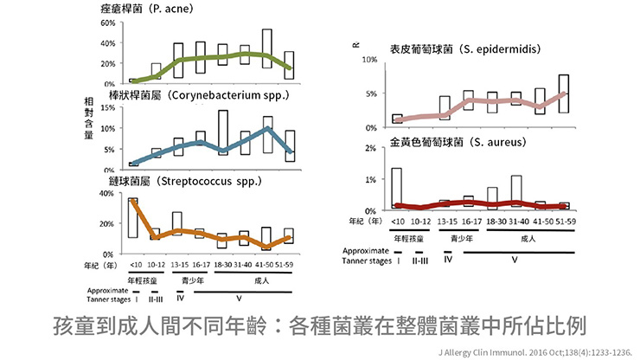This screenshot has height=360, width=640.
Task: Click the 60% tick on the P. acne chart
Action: [x=108, y=22]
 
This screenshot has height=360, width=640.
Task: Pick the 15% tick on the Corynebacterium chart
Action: [x=108, y=108]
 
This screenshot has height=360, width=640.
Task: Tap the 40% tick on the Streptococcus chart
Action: [x=108, y=194]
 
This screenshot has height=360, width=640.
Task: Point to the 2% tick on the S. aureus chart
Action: [x=370, y=149]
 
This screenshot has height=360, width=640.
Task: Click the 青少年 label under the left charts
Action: [x=193, y=280]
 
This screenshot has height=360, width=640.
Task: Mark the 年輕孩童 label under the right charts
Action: [x=408, y=237]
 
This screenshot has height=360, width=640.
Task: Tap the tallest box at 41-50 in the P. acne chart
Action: [x=267, y=55]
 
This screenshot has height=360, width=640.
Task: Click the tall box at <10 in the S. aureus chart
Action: [x=397, y=188]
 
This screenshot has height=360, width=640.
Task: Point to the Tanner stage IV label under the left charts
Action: [x=180, y=299]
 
